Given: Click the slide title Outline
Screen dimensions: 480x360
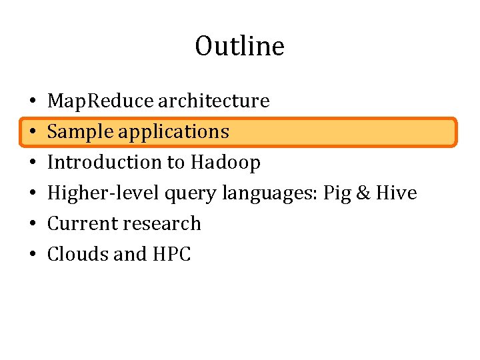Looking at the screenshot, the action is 239,47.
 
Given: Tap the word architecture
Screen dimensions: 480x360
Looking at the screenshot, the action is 213,101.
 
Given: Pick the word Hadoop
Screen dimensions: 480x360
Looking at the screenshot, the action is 225,162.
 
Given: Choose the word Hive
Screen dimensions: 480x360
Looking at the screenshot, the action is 396,193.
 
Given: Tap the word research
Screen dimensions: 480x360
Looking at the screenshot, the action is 163,223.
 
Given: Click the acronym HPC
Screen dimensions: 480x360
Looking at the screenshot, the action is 171,254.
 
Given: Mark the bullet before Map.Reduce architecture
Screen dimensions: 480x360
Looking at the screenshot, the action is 32,101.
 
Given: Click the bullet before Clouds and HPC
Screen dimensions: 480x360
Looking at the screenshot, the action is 32,255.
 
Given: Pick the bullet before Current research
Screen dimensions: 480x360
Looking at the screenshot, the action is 32,224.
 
